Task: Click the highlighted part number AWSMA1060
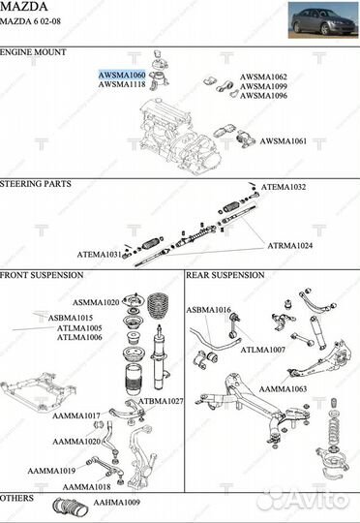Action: pos(122,75)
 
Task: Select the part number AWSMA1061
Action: pos(283,141)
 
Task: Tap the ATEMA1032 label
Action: pos(283,187)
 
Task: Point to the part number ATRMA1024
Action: pos(290,246)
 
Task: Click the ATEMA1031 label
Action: pos(100,255)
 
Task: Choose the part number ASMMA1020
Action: pos(96,302)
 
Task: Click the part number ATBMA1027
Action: pos(161,401)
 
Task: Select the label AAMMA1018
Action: pos(86,487)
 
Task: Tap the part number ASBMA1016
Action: pos(208,310)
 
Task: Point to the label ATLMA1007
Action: pos(262,350)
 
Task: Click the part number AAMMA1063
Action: pos(283,389)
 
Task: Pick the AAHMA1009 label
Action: pos(117,503)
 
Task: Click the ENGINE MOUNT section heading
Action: pos(33,52)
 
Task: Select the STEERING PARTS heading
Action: pos(36,184)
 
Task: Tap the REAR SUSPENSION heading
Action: pos(225,275)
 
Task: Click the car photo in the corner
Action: pos(323,20)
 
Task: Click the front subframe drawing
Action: pos(38,392)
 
